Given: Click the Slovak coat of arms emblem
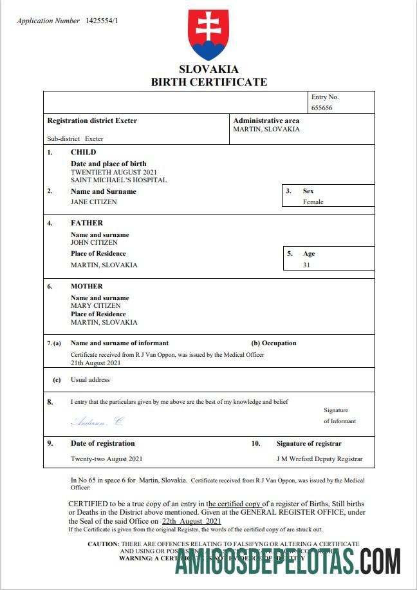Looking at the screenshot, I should [x=208, y=35].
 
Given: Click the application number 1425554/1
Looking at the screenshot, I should [x=102, y=21].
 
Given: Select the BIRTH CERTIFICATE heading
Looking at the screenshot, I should [x=208, y=82].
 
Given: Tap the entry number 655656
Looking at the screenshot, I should [x=322, y=108].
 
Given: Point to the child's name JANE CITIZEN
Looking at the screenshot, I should [x=94, y=202].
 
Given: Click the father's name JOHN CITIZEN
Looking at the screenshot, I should [x=94, y=243].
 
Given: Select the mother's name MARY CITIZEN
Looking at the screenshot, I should [x=95, y=306].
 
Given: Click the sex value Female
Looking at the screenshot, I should [x=313, y=202].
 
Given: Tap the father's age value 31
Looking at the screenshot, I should [x=306, y=265].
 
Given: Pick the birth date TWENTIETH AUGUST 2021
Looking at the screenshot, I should [x=113, y=173].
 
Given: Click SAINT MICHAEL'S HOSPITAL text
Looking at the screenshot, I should [x=118, y=180].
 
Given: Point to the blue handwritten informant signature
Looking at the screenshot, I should [x=97, y=422].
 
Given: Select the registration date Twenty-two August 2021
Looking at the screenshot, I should [x=107, y=459].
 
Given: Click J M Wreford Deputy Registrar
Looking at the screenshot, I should [x=319, y=459].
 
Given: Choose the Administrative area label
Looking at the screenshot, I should [x=266, y=120].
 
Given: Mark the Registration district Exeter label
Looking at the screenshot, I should [x=92, y=120].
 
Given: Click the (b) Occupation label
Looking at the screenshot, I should [x=273, y=343].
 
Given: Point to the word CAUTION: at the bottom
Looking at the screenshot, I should [x=103, y=544].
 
